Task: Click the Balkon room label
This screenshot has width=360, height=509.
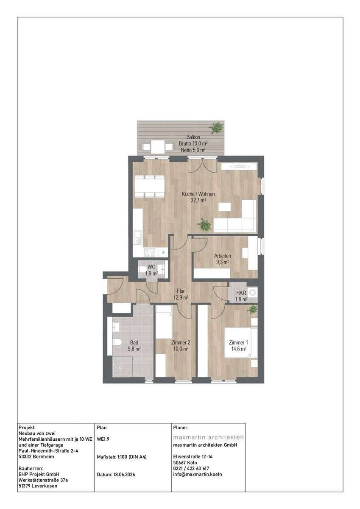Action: (x=193, y=137)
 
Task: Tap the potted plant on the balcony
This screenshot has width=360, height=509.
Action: (x=217, y=128)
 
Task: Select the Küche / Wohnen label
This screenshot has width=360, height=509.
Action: (x=198, y=194)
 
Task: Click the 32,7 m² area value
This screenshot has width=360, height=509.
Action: (x=198, y=200)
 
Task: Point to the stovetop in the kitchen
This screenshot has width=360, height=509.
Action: (x=150, y=252)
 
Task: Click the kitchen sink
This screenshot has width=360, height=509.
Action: (x=137, y=238)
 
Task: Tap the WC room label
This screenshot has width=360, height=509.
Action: (x=151, y=267)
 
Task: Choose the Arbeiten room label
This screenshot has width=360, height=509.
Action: (x=223, y=256)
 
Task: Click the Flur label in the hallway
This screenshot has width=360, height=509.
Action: (x=181, y=291)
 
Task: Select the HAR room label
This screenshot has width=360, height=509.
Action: (x=241, y=293)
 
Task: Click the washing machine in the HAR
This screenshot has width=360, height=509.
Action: (x=252, y=293)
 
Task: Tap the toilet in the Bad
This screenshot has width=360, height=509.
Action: (x=117, y=342)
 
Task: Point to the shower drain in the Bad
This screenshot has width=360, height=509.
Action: (x=121, y=367)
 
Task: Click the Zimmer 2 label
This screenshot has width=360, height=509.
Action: (x=181, y=342)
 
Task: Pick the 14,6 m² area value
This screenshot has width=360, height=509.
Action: (x=239, y=349)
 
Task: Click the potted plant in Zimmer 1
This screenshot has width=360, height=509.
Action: (x=252, y=310)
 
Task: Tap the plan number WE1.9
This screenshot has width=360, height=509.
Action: (x=103, y=439)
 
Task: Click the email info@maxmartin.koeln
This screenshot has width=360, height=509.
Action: (x=197, y=474)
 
